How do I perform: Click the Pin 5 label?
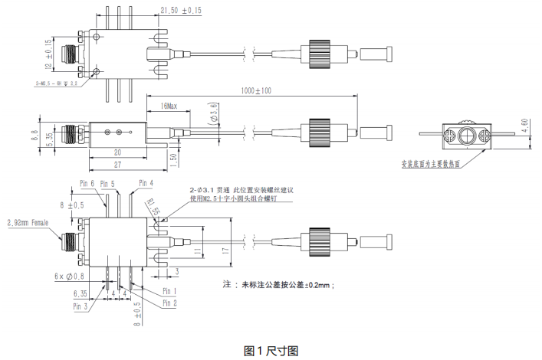click(x=108, y=184)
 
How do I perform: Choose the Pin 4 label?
click(x=146, y=182)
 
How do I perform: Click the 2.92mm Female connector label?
click(x=29, y=223)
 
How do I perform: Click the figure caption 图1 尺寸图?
click(x=271, y=350)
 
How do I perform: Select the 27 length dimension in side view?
click(x=117, y=165)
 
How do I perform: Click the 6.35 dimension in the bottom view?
click(x=80, y=293)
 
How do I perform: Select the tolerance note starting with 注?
click(x=279, y=284)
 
